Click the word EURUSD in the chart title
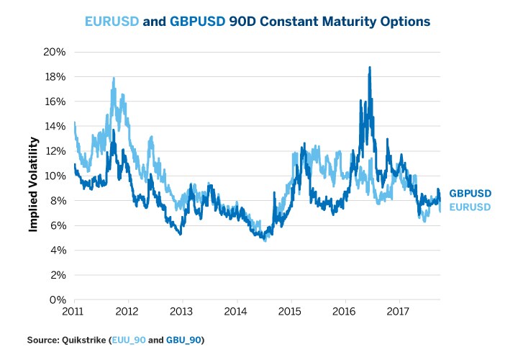[112, 22]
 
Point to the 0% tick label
[60, 300]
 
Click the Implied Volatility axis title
[33, 176]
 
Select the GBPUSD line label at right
[471, 194]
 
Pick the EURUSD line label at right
[470, 207]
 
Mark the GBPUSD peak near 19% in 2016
[370, 68]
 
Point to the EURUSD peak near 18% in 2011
[114, 78]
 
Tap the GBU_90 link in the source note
[185, 339]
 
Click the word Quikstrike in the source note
[83, 339]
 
